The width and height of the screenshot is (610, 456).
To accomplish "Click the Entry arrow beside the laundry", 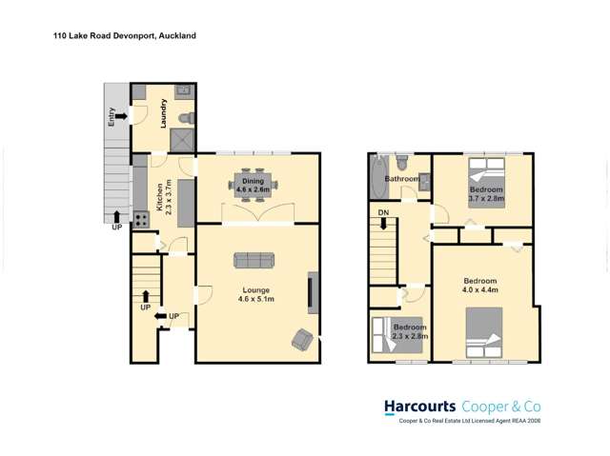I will tap(120, 117).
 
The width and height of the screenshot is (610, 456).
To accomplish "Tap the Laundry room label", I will tap(163, 111).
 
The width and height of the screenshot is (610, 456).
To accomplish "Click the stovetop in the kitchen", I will tap(141, 219).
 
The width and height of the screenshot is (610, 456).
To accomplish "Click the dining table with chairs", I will tap(253, 184).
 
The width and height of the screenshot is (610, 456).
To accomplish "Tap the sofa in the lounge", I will tap(254, 260).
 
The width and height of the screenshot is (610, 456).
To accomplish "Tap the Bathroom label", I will tap(401, 178).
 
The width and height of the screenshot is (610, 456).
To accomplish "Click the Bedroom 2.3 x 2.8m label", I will tap(411, 332).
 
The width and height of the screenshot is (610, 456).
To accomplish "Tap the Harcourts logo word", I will tap(419, 406).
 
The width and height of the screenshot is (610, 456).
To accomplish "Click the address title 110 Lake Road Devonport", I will tap(124, 35).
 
